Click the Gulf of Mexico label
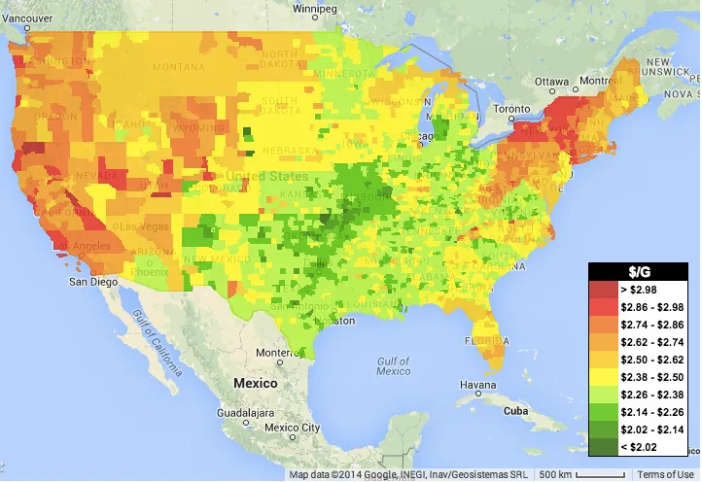(x=393, y=365)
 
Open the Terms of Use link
(x=668, y=474)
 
